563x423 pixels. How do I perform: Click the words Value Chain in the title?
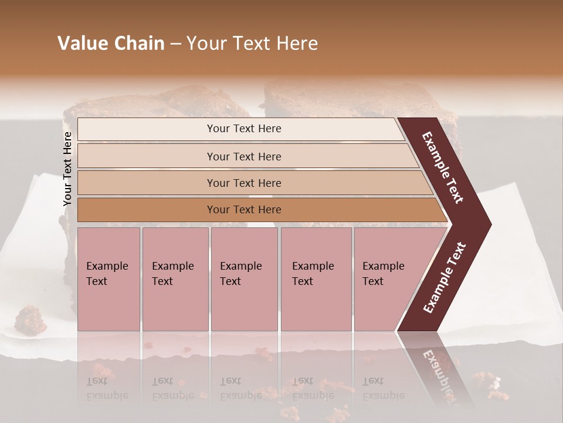pyautogui.click(x=111, y=43)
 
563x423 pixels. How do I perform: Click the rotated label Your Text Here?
pyautogui.click(x=67, y=169)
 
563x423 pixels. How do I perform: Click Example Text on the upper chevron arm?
pyautogui.click(x=443, y=167)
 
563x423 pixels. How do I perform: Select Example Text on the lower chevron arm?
pyautogui.click(x=445, y=278)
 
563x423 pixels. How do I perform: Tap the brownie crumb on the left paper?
pyautogui.click(x=31, y=319)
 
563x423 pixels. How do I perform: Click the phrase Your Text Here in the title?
pyautogui.click(x=252, y=43)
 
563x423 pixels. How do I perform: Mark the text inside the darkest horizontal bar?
pyautogui.click(x=244, y=210)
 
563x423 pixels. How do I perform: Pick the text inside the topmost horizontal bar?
pyautogui.click(x=244, y=129)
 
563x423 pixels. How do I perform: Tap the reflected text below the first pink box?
pyautogui.click(x=107, y=388)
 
